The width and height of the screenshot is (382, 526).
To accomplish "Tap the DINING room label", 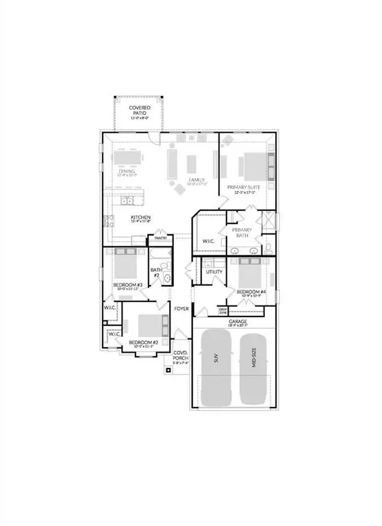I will pos(125,172).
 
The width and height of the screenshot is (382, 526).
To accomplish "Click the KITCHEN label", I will pos(141,218).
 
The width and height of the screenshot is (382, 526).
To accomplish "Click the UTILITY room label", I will pos(214,272).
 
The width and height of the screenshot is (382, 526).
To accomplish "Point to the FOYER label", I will pos(181,309).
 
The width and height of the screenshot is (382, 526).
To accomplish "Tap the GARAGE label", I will pos(238,321).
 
